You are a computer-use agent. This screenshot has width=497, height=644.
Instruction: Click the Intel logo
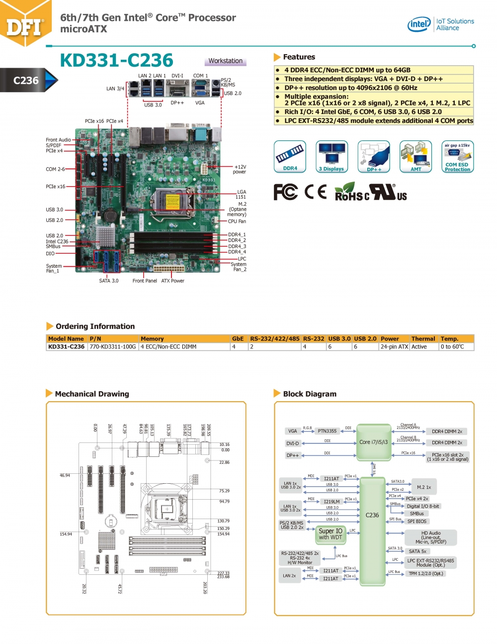tap(419, 24)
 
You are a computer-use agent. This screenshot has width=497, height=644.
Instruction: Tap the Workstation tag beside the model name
tap(225, 61)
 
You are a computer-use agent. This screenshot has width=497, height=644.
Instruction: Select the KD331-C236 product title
tap(116, 60)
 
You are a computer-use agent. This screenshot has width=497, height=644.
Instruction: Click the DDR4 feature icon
tap(290, 156)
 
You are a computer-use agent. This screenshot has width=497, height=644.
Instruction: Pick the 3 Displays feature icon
tap(331, 156)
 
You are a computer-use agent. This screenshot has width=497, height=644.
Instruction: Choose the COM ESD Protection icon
tap(457, 156)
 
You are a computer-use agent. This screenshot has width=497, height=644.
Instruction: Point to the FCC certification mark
tap(286, 192)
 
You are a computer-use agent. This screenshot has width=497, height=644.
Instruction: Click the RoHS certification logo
tap(351, 192)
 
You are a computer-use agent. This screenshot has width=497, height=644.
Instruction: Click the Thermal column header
tap(423, 338)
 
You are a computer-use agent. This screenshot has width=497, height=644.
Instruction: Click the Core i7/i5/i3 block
tap(373, 442)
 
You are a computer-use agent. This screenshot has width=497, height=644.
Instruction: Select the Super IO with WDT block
tap(331, 534)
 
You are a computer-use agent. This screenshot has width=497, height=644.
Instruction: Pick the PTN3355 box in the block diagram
tap(327, 431)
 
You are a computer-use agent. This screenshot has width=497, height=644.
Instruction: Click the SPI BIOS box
tap(416, 522)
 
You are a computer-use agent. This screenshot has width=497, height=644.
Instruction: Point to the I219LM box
tap(331, 502)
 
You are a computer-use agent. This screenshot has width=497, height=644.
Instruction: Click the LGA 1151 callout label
tap(241, 194)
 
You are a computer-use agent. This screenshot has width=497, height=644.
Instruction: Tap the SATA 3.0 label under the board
tap(109, 281)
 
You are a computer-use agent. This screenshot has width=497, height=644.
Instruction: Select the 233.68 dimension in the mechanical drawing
tap(223, 577)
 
